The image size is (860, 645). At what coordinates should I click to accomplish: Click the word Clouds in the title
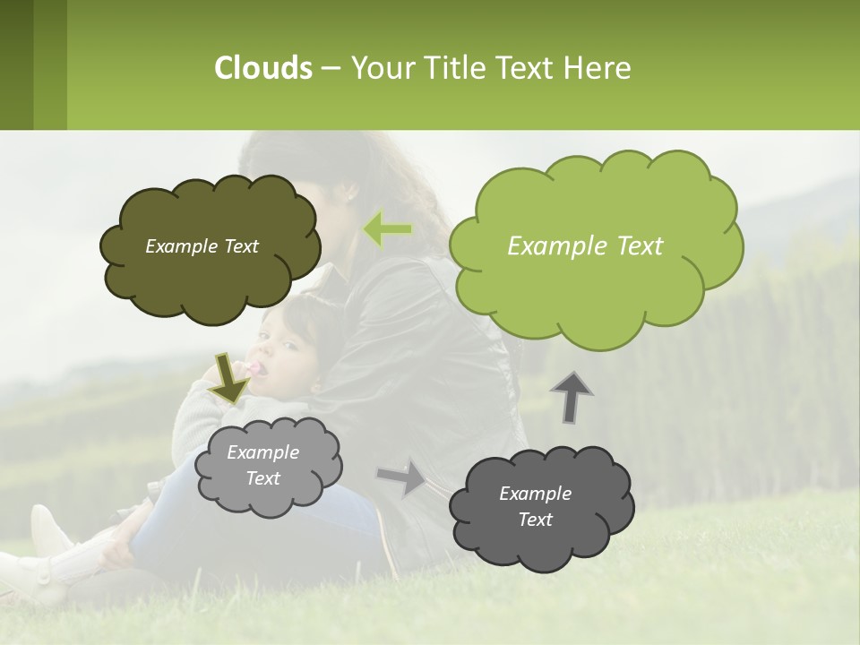tap(262, 68)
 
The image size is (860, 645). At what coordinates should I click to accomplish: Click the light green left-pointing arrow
tap(387, 229)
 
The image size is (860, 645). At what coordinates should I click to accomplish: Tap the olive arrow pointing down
tap(228, 378)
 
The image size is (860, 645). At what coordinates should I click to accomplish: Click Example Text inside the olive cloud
tap(202, 246)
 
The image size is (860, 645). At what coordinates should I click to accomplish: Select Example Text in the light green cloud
tap(585, 246)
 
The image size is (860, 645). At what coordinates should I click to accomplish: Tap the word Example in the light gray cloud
tap(262, 452)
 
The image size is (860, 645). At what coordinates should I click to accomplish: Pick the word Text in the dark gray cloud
tap(535, 520)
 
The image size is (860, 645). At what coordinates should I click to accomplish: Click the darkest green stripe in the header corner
tap(16, 64)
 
